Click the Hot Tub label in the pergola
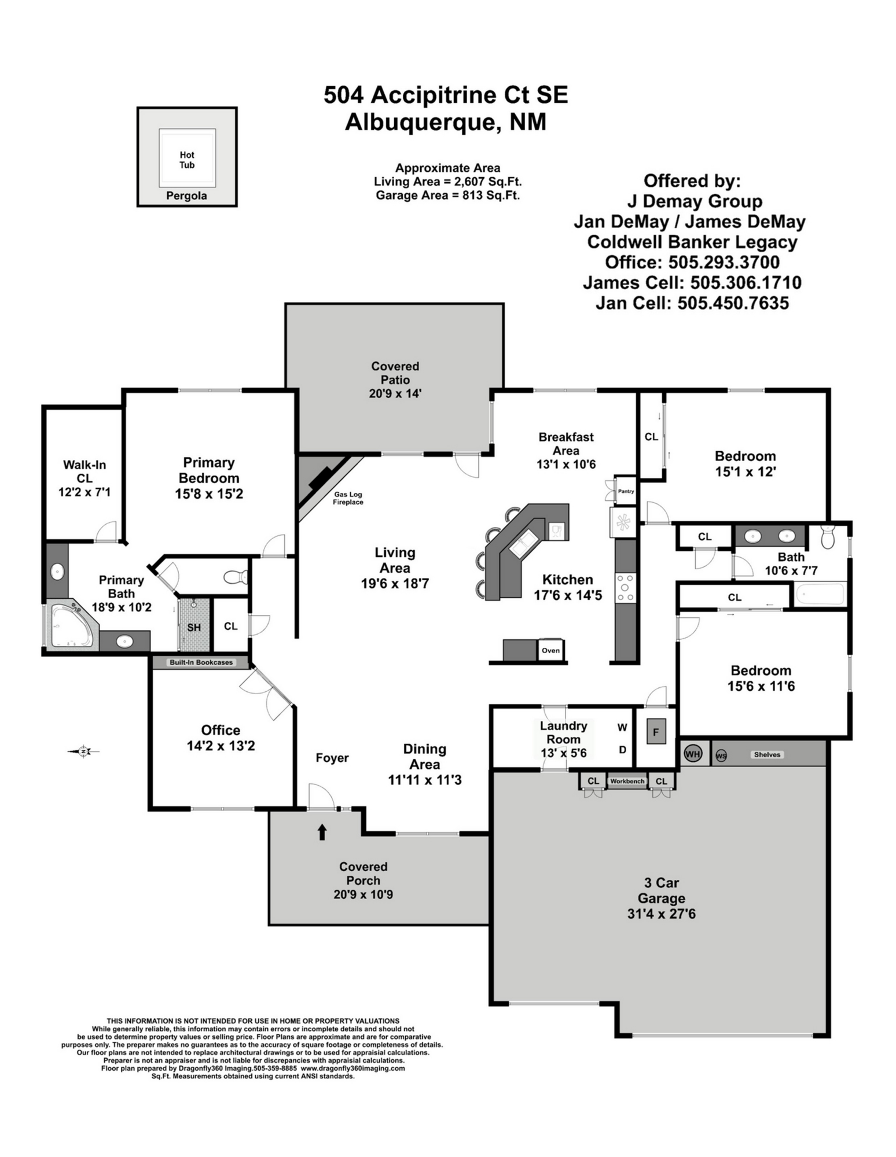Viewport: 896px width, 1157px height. (187, 160)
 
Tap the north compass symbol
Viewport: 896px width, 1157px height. (84, 751)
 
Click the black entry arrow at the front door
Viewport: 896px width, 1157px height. (322, 832)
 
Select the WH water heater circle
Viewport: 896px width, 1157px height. (693, 754)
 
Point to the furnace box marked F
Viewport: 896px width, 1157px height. (656, 732)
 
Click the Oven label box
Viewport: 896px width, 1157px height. (550, 650)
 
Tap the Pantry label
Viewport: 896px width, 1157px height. (626, 491)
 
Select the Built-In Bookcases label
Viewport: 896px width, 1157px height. (201, 662)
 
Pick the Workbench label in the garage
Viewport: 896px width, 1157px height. (627, 781)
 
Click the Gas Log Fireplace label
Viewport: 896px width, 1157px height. (348, 499)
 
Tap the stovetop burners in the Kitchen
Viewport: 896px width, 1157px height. (625, 587)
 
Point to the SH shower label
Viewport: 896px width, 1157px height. (194, 628)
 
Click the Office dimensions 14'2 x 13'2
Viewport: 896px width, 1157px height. (221, 746)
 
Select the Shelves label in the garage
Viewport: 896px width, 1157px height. (767, 754)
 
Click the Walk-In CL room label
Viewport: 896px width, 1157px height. (85, 471)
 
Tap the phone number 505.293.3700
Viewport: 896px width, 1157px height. (724, 262)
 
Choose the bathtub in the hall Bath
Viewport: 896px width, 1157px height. (820, 595)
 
